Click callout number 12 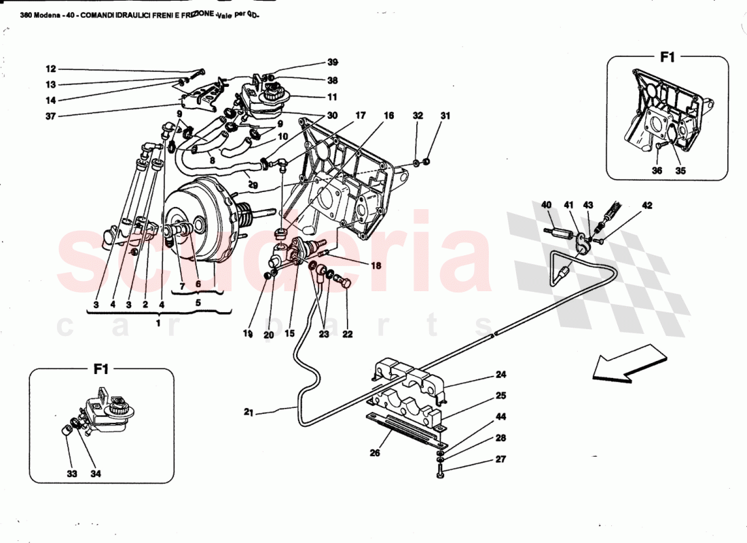[x=50, y=69]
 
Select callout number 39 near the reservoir [x=332, y=62]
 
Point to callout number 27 [x=500, y=460]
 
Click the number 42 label [x=646, y=204]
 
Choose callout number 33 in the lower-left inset [x=72, y=473]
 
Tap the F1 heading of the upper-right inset [x=668, y=58]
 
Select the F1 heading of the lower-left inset [x=101, y=369]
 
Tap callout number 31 [x=445, y=116]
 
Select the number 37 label [x=50, y=116]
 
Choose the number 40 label [x=547, y=204]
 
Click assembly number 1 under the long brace [x=158, y=324]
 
